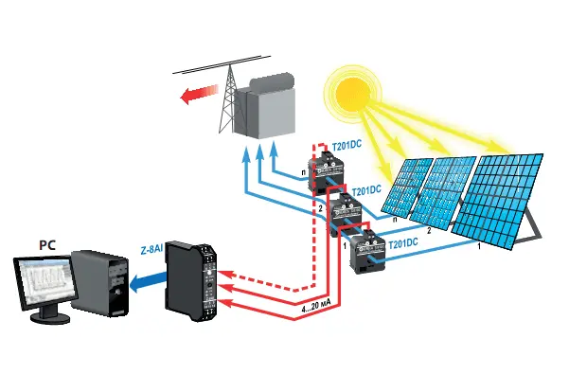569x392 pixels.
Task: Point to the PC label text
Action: click(46, 245)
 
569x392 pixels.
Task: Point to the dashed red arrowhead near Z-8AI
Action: click(232, 277)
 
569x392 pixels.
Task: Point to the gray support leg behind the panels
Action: click(534, 223)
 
